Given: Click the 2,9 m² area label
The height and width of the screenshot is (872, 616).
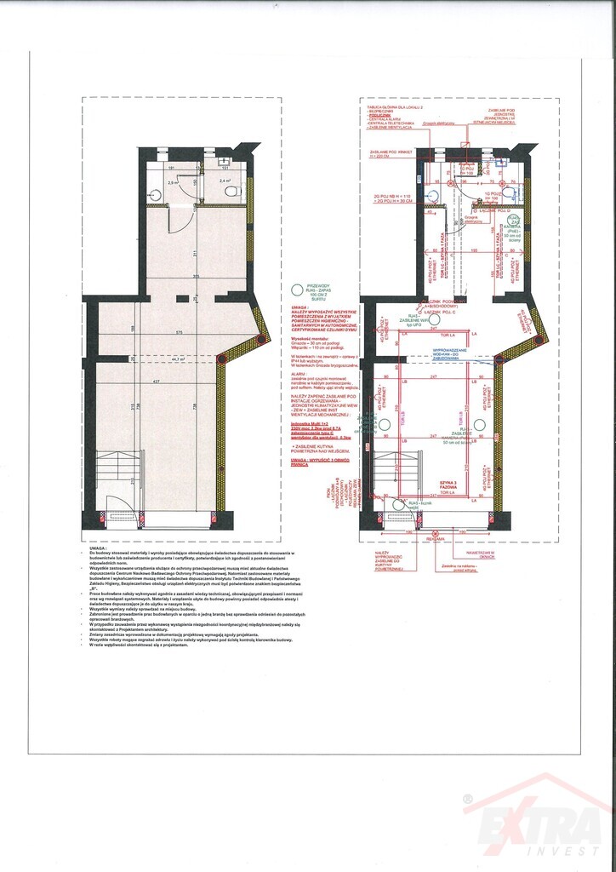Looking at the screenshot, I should point(170,182).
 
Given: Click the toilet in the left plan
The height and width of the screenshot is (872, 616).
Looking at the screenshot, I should point(231,192).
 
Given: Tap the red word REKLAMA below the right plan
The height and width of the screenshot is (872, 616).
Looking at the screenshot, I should point(436,538).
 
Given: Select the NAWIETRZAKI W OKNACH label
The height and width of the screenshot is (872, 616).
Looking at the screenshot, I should point(481,554).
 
